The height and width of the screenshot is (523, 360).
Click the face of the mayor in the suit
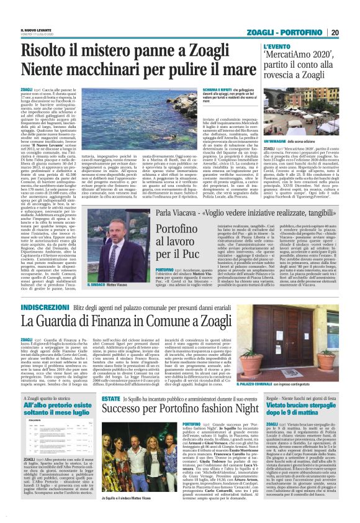point(115,227)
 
